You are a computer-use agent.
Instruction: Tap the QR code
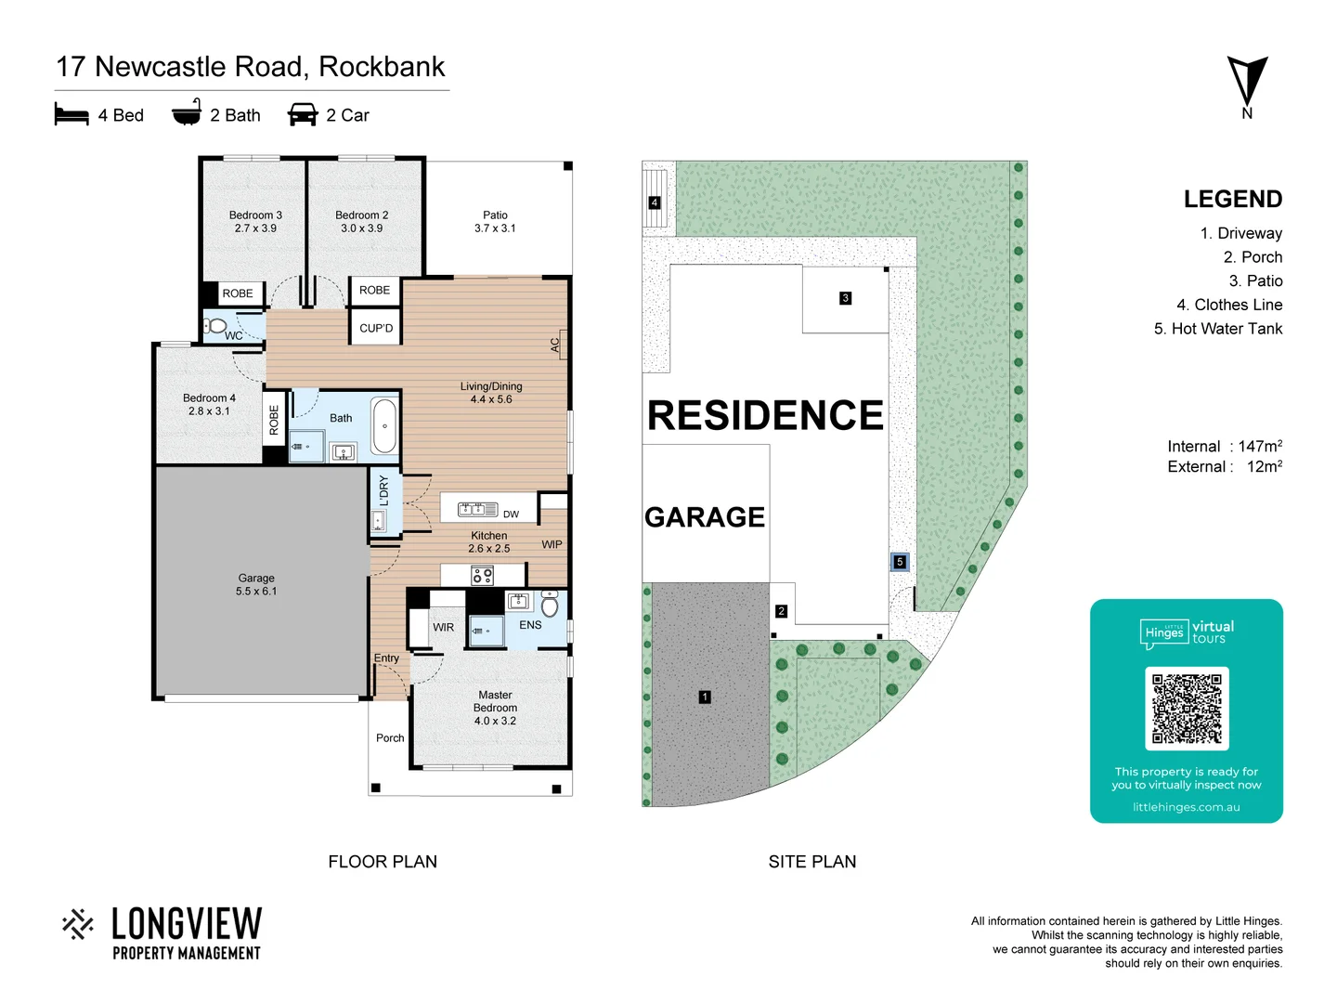(1187, 709)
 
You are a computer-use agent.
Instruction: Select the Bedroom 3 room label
(255, 221)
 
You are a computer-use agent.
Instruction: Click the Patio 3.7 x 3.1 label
(495, 221)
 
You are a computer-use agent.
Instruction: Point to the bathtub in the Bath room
(384, 426)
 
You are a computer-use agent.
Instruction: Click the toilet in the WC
(216, 326)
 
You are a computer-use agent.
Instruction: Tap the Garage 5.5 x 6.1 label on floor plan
(256, 584)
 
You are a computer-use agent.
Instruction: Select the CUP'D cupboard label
(376, 328)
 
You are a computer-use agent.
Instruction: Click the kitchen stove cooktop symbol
(482, 576)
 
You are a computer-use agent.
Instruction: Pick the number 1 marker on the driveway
(705, 697)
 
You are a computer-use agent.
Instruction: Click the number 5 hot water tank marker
(899, 562)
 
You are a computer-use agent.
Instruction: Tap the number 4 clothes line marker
(655, 202)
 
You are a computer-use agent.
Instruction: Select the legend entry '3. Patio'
(1255, 280)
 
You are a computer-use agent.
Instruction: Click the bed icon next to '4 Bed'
(71, 114)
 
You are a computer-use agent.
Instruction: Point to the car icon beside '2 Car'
(303, 114)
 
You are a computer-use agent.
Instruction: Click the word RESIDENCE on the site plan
(765, 415)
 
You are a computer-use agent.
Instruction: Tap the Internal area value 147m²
(1260, 447)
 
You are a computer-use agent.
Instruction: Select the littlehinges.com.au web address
(1186, 807)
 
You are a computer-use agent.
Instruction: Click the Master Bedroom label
(495, 708)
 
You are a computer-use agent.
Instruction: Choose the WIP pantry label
(552, 544)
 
